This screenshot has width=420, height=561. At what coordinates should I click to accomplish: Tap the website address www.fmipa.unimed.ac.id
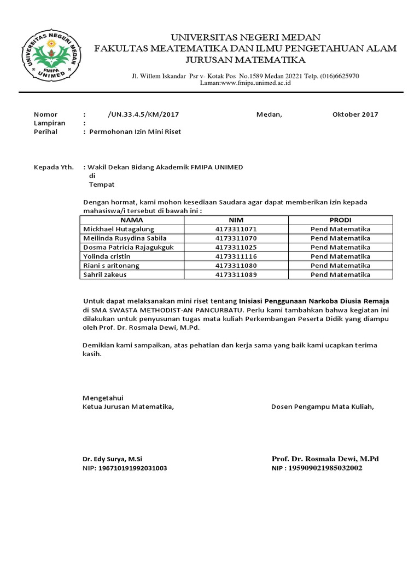247,83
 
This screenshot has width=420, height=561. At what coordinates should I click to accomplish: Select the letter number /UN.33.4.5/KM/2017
144,115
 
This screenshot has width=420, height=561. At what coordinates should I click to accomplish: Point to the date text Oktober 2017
355,115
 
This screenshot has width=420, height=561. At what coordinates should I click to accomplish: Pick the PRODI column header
340,220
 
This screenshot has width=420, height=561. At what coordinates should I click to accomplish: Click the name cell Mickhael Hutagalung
118,229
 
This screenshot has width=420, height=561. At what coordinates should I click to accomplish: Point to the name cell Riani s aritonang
111,266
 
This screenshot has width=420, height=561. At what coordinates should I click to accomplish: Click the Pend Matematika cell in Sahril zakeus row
340,275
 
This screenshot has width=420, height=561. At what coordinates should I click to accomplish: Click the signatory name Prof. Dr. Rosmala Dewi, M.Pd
325,459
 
